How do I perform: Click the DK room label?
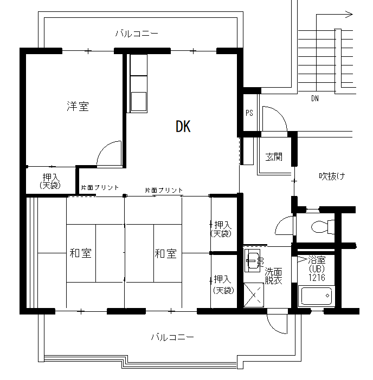point(183,126)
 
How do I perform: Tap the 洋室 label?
point(78,106)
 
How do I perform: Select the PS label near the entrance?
point(249,113)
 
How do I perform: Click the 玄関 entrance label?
point(274,157)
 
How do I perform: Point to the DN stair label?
point(315,99)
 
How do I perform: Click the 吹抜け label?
point(332,176)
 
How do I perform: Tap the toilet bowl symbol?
point(322,227)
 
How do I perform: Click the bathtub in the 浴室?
point(316,296)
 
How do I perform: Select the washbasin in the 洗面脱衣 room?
point(253,260)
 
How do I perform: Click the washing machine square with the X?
point(254,295)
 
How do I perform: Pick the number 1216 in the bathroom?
point(317,277)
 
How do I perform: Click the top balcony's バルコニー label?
point(137,33)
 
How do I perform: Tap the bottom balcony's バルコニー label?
point(172,337)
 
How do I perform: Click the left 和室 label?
point(81,253)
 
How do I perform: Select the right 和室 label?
point(166,253)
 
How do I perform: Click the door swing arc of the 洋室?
point(105,148)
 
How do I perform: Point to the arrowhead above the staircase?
point(349,15)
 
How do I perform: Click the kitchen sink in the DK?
point(139,101)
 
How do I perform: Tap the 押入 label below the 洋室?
point(50,181)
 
